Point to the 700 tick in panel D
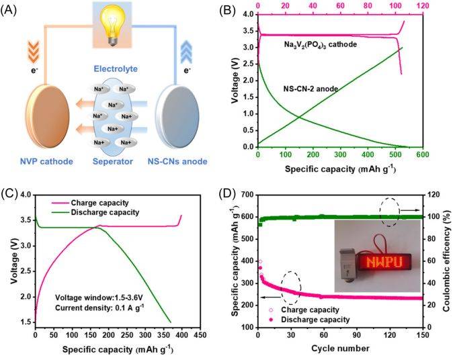point(247,194)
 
